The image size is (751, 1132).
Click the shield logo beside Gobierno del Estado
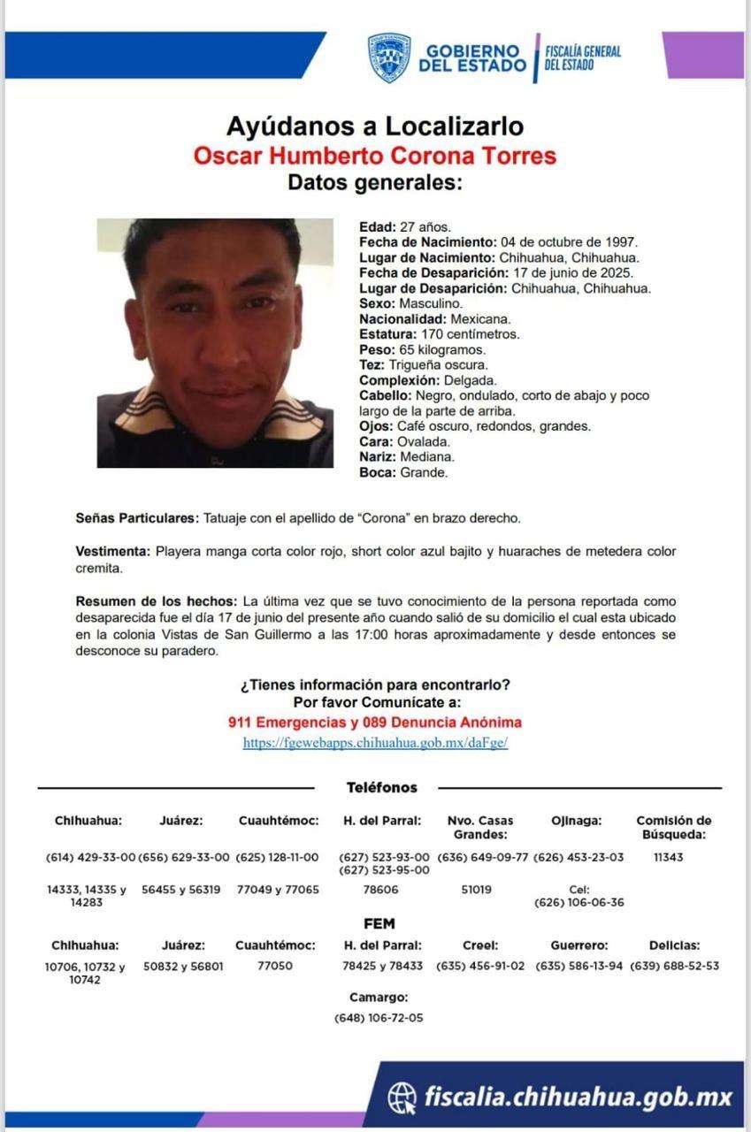(389, 58)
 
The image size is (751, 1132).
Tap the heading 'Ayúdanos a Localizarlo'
(375, 126)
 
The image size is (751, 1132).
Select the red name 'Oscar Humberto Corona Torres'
(375, 156)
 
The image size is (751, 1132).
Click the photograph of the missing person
(215, 343)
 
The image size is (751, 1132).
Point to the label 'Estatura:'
(387, 334)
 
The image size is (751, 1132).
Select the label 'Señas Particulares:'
(138, 517)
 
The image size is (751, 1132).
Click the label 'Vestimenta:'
(113, 552)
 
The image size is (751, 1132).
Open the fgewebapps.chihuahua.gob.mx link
(375, 743)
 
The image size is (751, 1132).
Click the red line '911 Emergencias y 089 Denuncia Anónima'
(375, 723)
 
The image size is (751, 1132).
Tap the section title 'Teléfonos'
(381, 787)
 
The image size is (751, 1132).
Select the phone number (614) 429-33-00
(90, 857)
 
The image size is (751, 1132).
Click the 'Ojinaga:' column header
(576, 821)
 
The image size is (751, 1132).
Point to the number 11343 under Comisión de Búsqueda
(668, 857)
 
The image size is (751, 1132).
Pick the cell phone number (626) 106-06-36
(579, 902)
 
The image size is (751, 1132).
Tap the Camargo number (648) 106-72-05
(379, 1018)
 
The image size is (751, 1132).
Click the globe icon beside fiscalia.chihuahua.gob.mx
(402, 1098)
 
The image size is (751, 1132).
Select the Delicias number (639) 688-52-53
(674, 966)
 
